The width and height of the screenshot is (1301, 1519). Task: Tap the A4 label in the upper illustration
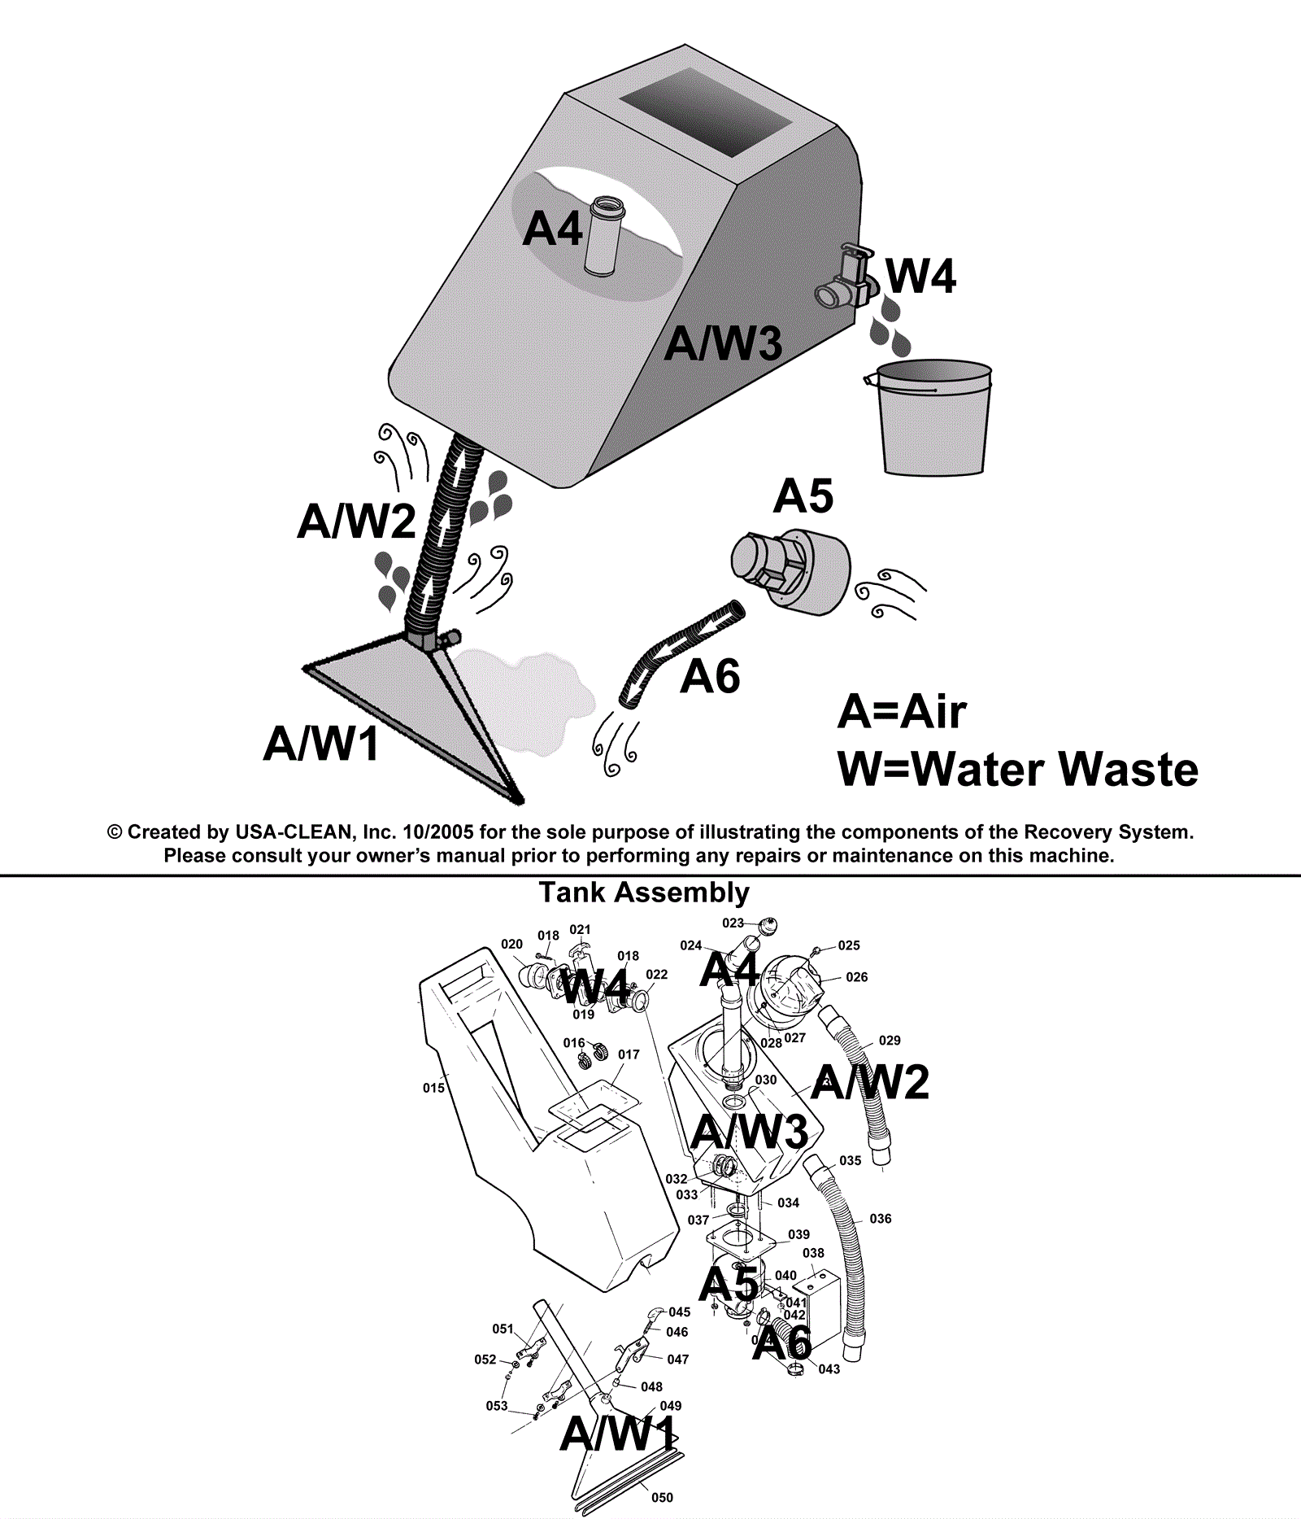[x=552, y=229]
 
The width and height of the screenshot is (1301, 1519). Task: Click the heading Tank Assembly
[x=644, y=893]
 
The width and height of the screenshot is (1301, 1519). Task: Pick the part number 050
[x=662, y=1497]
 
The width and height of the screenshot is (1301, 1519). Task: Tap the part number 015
[x=433, y=1088]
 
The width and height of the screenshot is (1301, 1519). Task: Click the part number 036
[x=880, y=1218]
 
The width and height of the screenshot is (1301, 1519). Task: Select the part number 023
[x=733, y=923]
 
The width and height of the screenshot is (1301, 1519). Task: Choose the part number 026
[x=856, y=976]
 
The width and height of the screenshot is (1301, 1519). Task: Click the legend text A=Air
[x=902, y=712]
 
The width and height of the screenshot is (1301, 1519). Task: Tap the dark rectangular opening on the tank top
[x=706, y=112]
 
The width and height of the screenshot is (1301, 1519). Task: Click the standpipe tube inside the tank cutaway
[x=603, y=236]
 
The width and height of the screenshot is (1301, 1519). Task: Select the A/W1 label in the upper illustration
[x=321, y=743]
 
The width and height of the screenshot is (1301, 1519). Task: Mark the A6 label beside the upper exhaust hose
[x=710, y=676]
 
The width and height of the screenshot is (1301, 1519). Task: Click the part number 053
[x=496, y=1405]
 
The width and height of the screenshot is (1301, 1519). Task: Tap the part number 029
[x=890, y=1040]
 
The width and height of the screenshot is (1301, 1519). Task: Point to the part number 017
[x=629, y=1054]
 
